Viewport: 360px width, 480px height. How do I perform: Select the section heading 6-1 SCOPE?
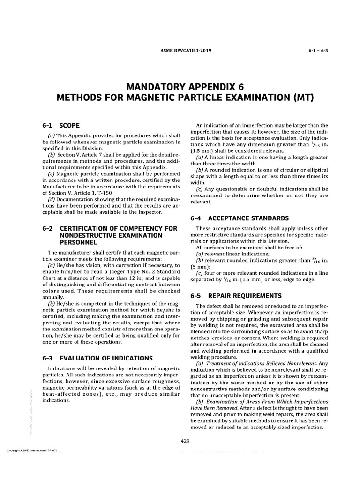click(x=61, y=126)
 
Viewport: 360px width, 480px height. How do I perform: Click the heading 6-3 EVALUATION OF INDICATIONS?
click(x=97, y=358)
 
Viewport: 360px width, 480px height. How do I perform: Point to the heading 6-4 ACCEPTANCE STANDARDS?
click(x=238, y=218)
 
